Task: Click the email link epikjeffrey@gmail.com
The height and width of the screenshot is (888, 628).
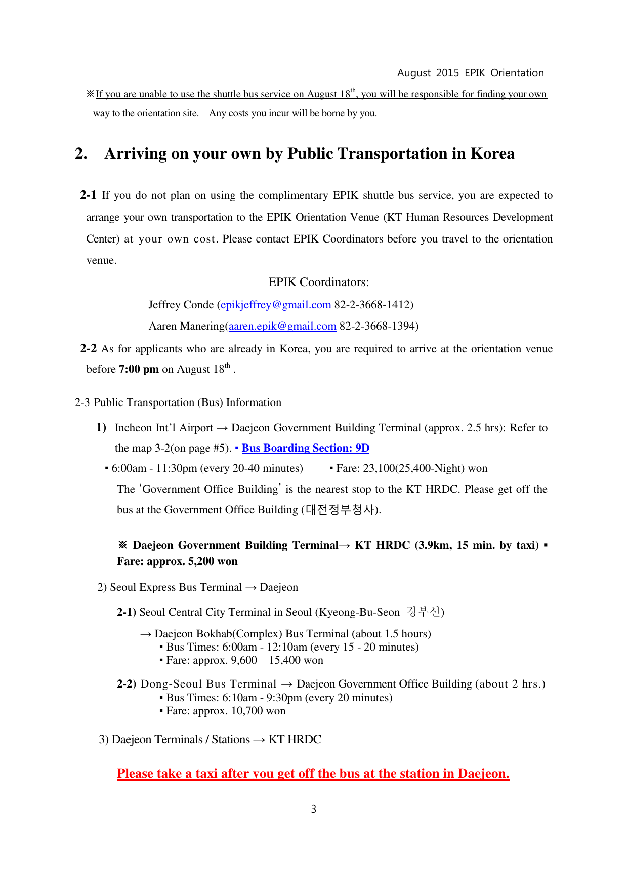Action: pos(276,305)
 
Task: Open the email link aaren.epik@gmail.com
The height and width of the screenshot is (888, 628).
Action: pos(282,326)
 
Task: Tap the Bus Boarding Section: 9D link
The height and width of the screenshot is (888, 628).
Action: pos(305,448)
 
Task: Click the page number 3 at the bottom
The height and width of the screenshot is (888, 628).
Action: pos(314,809)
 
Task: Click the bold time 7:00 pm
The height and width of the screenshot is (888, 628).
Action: pos(139,369)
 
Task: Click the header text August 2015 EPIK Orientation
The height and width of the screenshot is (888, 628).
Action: pos(470,73)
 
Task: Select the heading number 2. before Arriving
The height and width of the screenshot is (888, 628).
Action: pos(81,154)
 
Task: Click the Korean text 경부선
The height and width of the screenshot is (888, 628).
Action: pos(424,612)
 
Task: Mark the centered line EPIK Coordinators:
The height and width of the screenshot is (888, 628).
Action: pos(318,282)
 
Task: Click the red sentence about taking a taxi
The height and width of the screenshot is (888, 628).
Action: pos(313,774)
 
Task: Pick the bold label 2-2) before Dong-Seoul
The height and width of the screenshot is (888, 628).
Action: pos(127,684)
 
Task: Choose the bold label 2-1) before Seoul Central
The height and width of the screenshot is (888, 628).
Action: pos(127,612)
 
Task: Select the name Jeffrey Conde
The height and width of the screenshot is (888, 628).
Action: pos(181,305)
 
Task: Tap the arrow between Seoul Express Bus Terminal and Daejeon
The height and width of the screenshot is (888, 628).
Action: pos(250,587)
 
